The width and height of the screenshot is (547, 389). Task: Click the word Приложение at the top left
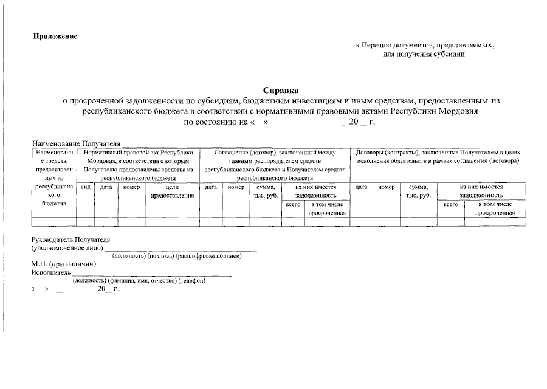(x=55, y=36)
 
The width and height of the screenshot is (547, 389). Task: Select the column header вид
(x=86, y=188)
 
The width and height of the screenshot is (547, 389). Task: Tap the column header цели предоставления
(x=172, y=191)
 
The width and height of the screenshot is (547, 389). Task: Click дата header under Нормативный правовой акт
(x=106, y=188)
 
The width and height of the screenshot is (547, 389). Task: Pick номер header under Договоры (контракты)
(x=386, y=188)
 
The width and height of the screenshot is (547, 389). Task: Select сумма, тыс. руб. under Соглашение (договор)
(x=266, y=191)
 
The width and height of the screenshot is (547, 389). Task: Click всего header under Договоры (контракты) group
(x=450, y=205)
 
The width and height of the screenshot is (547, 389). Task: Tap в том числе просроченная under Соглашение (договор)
(x=326, y=208)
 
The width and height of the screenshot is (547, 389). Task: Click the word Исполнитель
(x=52, y=272)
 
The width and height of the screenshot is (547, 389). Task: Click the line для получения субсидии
(x=424, y=54)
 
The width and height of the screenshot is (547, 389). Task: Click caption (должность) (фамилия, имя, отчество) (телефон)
(x=139, y=281)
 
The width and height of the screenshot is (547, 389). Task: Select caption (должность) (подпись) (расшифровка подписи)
(x=181, y=256)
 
